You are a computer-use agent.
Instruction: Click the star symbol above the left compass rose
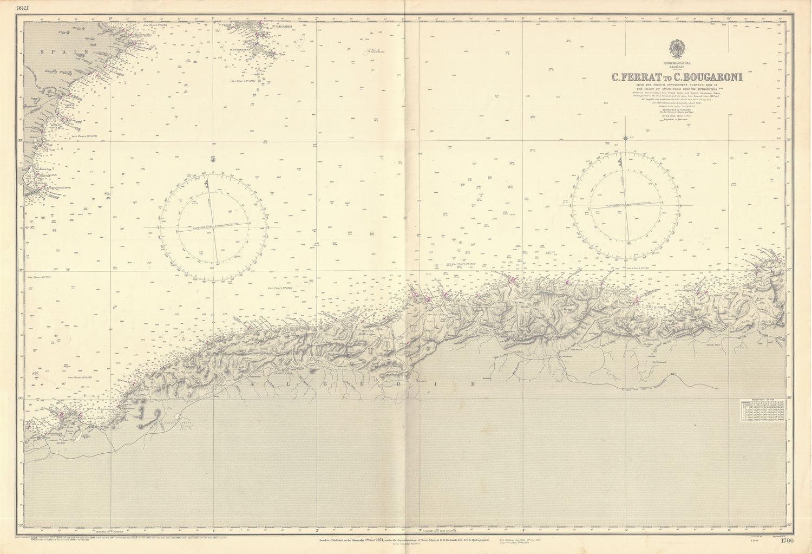[215, 159]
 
